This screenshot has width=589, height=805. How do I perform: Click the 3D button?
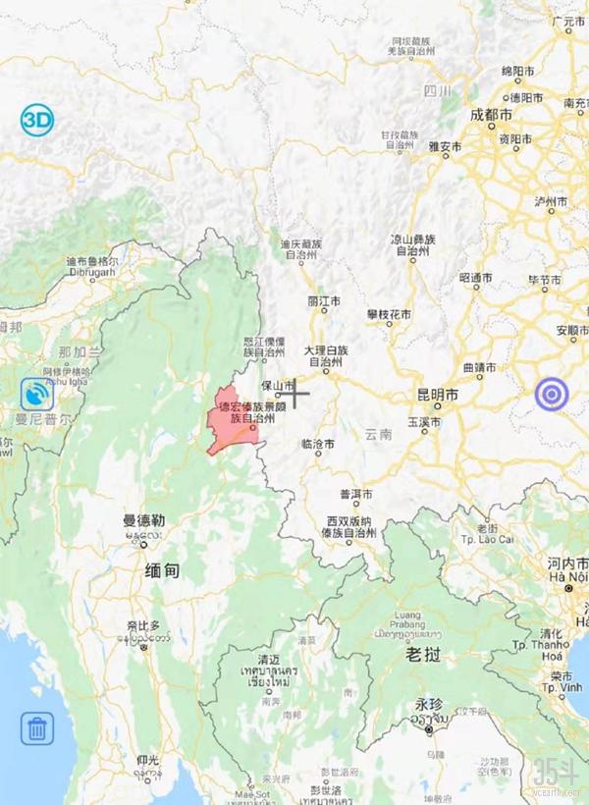tap(37, 122)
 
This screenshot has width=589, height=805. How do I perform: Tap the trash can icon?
tap(37, 728)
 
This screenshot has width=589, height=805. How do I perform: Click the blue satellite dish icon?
tap(37, 395)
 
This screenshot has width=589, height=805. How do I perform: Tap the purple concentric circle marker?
tap(552, 395)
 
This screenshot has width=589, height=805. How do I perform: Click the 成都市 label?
tap(492, 115)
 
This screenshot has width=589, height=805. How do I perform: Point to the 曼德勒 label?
tap(142, 520)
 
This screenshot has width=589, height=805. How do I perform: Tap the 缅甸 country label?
tap(162, 570)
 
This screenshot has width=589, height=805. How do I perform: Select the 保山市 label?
tap(278, 387)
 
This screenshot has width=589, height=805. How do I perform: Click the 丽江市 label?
tap(324, 300)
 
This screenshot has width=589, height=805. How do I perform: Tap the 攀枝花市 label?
tap(391, 314)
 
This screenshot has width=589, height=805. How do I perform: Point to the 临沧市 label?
tap(318, 444)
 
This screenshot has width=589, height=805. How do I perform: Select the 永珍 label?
tap(429, 704)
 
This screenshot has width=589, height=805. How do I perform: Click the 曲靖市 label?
tap(479, 368)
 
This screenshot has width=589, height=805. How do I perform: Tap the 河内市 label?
tap(567, 563)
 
